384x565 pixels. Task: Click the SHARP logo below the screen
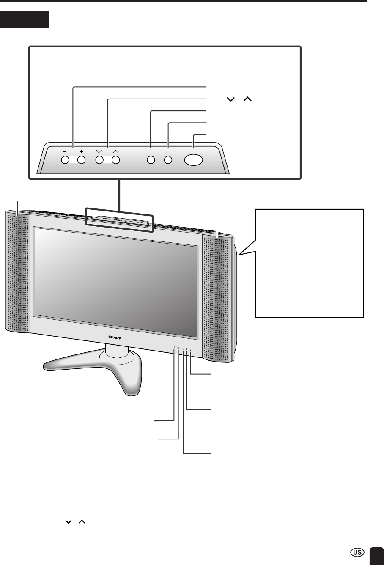(115, 337)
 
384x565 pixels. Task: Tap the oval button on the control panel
(194, 160)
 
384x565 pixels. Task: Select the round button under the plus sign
(81, 160)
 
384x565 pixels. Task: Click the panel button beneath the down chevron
(99, 160)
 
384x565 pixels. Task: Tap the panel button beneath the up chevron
(115, 160)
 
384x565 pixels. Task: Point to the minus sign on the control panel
(65, 151)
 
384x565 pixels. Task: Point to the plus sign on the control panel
(81, 151)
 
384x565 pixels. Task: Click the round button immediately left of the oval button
(168, 160)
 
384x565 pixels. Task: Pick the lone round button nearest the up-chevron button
(151, 160)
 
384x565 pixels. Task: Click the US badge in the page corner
(357, 552)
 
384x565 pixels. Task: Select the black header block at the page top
(25, 19)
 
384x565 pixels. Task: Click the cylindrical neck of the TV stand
(117, 351)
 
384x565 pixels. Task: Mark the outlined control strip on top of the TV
(119, 219)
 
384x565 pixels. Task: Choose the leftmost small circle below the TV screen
(174, 347)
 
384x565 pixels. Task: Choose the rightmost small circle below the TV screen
(190, 350)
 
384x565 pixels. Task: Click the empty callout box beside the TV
(309, 263)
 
